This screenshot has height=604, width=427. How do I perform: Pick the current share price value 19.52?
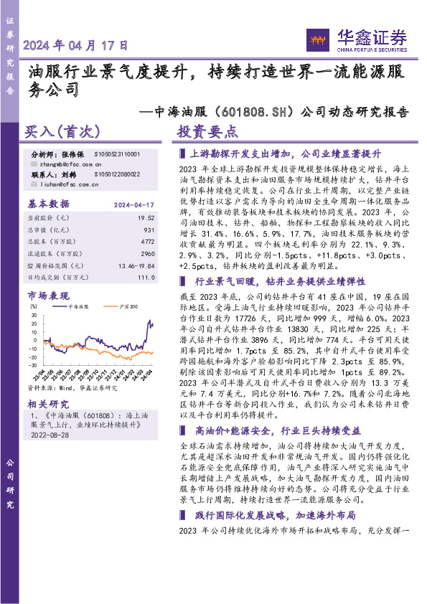pyautogui.click(x=146, y=217)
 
